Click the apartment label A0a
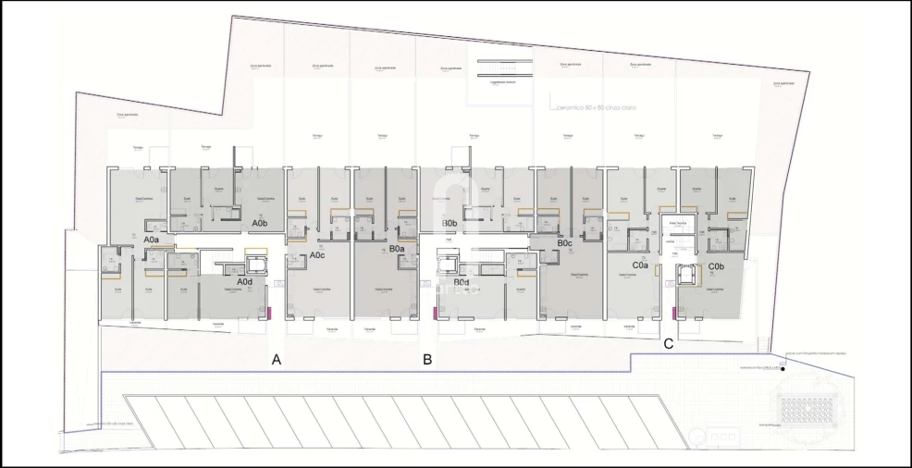click(x=152, y=240)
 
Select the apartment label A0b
click(x=260, y=223)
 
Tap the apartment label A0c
click(x=316, y=254)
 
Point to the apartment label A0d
click(x=245, y=281)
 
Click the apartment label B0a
click(x=397, y=249)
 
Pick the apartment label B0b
click(x=450, y=224)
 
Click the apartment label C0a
click(x=639, y=265)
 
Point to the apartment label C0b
click(x=715, y=267)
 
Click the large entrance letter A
click(x=276, y=360)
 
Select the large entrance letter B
click(x=427, y=360)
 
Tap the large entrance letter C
click(x=668, y=344)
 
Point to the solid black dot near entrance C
click(x=783, y=370)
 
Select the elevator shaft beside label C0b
click(x=685, y=274)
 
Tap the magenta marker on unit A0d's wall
click(x=268, y=314)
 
